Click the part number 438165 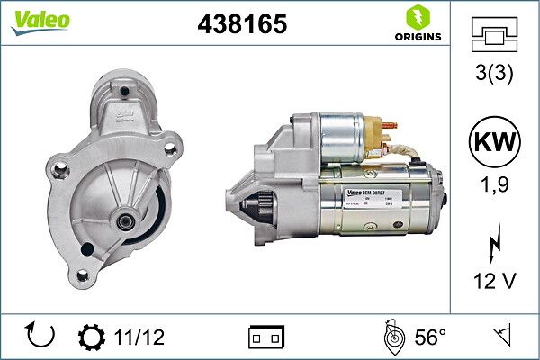coord(241,24)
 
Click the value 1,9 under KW coord(494,186)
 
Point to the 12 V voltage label coord(494,282)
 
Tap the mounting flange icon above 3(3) coord(494,37)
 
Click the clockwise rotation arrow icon coord(41,336)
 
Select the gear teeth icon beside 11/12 coord(92,337)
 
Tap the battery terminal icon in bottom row coord(266,337)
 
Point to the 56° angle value coord(429,337)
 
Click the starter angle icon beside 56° coord(392,336)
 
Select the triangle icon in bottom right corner coord(501,336)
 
